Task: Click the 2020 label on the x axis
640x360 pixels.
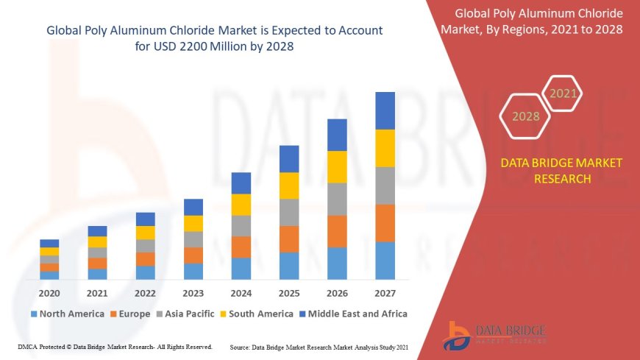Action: point(49,292)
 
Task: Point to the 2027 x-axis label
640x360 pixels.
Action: point(385,292)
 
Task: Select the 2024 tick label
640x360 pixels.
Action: point(241,292)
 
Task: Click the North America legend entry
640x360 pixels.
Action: point(67,314)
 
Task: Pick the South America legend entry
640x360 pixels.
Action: point(257,314)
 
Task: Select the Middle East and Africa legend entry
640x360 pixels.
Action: point(353,314)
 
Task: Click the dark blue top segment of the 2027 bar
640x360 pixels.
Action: point(385,110)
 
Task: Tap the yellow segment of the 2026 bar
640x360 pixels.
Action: point(337,166)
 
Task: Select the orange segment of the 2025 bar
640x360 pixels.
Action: point(289,239)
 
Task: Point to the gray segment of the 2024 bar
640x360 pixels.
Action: point(241,225)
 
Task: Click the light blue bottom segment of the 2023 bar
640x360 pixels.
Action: point(193,271)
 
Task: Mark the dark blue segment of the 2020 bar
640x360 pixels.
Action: point(49,243)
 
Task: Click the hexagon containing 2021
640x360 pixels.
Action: point(563,93)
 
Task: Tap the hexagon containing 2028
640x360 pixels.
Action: point(525,116)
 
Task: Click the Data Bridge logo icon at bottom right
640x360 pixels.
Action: point(458,336)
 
